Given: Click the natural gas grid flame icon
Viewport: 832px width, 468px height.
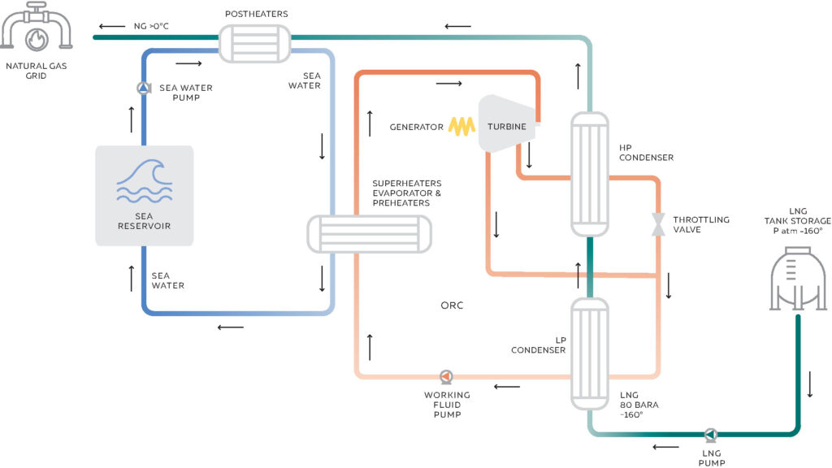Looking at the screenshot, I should (37, 37).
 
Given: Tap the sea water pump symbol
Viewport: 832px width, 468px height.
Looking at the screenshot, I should (144, 88).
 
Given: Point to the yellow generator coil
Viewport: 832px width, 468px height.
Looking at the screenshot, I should (464, 126).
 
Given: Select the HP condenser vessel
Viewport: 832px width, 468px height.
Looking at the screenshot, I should (589, 173).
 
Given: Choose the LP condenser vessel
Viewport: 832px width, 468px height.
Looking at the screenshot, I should (589, 353).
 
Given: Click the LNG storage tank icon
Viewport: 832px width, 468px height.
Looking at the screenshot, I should (797, 280).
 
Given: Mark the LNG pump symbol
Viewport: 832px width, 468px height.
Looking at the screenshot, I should (711, 434).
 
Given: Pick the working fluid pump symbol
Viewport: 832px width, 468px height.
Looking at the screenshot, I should (445, 376).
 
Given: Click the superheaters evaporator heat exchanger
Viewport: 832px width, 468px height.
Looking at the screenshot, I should (369, 235).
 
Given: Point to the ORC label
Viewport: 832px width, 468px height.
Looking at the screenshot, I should (453, 306).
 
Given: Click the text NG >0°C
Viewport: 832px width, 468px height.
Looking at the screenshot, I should (152, 26).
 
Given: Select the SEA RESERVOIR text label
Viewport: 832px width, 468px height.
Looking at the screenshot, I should (144, 220).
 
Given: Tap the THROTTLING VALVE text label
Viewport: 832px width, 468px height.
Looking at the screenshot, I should (702, 225).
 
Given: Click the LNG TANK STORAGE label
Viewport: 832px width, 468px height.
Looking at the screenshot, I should (797, 221).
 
